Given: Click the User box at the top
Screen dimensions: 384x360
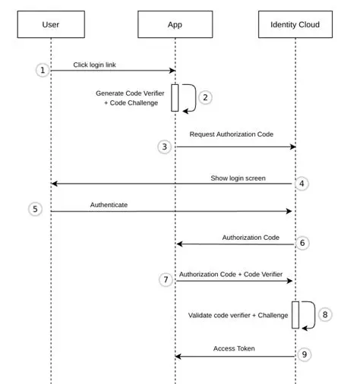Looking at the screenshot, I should [50, 25].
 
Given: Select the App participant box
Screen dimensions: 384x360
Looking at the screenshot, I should [175, 25].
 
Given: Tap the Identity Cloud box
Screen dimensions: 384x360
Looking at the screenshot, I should [295, 25].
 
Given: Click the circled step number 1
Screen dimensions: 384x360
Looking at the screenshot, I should [43, 70].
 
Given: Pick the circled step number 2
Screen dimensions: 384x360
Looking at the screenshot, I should [205, 98].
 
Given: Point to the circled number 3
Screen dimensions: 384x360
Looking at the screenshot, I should [165, 146].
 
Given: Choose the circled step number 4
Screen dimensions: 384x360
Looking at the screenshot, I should [302, 184].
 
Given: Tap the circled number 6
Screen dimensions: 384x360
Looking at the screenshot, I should [302, 243].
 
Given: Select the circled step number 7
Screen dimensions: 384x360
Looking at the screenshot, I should [165, 280].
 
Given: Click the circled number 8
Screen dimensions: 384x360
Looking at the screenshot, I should [325, 313].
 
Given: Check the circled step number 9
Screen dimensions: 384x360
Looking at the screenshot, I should [302, 354].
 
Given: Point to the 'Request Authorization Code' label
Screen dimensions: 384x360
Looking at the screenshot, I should [231, 134].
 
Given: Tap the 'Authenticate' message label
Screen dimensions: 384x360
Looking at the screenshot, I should [109, 205].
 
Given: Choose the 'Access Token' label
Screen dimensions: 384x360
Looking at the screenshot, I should [234, 348].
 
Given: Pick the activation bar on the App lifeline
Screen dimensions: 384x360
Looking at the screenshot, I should [175, 98].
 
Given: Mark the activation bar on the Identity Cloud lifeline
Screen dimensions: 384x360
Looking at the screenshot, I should [295, 314].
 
